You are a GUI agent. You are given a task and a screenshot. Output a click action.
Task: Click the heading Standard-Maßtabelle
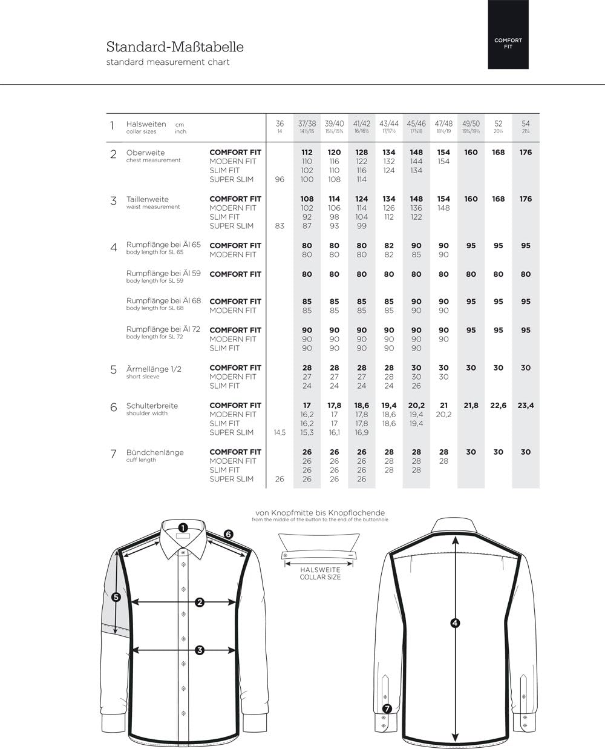coord(175,47)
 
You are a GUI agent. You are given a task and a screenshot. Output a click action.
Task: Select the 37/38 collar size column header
coord(307,127)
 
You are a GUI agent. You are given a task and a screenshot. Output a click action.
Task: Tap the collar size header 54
coord(525,127)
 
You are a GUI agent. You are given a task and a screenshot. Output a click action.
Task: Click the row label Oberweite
coord(145,153)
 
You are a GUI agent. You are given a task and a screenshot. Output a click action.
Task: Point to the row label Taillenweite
coord(147,199)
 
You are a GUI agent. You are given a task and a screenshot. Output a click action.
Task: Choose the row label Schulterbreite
coord(152,406)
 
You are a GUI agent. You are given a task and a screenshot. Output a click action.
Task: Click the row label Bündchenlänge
coord(154,452)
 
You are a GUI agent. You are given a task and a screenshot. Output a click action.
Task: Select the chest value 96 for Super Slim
coord(280,179)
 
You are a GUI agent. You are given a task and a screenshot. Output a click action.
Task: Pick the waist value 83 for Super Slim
coord(280,226)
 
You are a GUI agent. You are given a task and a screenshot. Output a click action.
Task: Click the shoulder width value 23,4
coord(525,406)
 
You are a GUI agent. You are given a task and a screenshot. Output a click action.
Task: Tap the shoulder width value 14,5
coord(280,432)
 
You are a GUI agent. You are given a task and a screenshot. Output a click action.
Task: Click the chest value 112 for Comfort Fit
coord(307,153)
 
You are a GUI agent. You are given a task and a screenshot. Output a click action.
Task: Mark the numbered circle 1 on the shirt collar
coord(183,527)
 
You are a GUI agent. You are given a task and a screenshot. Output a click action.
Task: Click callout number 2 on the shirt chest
coord(199,602)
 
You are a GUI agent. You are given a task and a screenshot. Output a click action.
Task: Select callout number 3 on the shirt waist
coord(199,650)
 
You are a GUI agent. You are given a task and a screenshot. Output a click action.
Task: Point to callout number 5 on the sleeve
coord(116,596)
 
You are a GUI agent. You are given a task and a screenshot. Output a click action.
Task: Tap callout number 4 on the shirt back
coord(455,623)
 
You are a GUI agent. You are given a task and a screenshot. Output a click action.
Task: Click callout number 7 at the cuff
coord(387,708)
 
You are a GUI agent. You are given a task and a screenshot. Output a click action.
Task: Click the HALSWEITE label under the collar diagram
coord(320,570)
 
